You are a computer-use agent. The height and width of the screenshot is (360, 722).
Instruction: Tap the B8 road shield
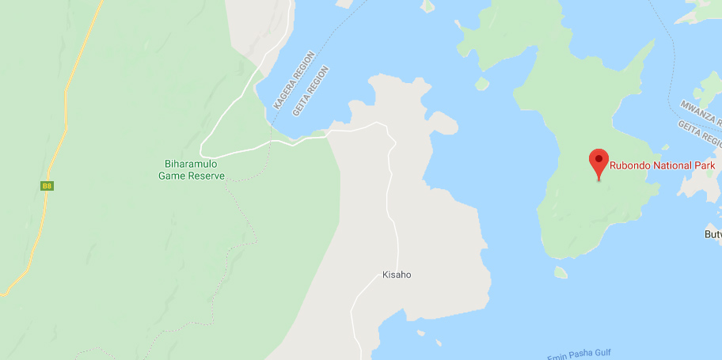click(x=47, y=186)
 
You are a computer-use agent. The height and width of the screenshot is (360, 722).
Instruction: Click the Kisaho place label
click(x=397, y=275)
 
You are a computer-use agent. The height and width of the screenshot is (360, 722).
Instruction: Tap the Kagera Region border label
click(x=294, y=80)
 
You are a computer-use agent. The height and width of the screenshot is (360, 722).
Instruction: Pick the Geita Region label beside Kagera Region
click(x=310, y=90)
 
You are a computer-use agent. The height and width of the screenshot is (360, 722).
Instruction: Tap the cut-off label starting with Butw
click(x=712, y=234)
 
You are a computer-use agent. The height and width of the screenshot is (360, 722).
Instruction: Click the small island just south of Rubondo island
click(x=560, y=272)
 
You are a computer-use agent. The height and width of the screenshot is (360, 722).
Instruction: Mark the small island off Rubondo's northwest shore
click(x=481, y=83)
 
